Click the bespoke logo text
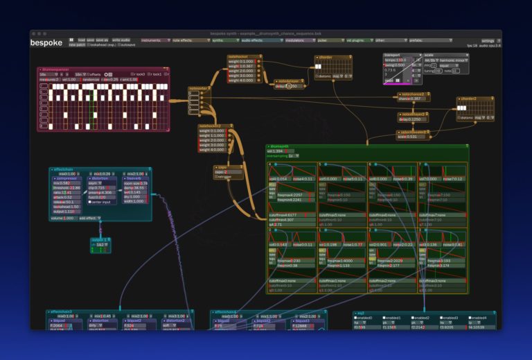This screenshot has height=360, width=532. point(46,43)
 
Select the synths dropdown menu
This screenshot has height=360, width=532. point(221,40)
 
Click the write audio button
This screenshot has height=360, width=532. point(121,40)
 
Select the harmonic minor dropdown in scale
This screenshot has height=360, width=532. point(453,60)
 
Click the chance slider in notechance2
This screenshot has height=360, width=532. point(414,99)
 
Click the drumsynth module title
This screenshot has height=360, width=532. point(281,146)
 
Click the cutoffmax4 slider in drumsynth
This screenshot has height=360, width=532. point(290,215)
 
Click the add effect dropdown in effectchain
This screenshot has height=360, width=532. point(90,218)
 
